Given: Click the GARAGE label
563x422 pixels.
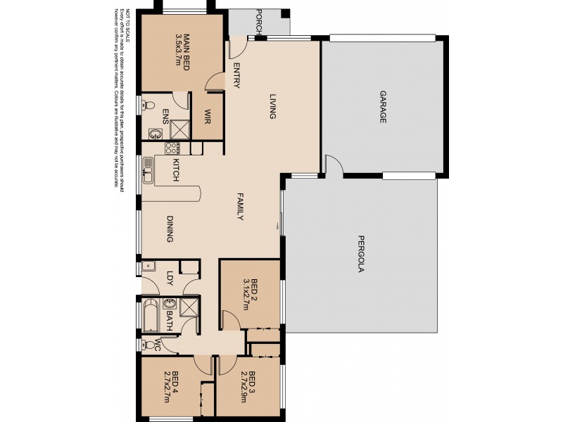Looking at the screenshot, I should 384,107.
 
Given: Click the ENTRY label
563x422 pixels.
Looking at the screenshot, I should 236,76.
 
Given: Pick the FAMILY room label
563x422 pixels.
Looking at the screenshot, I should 239,208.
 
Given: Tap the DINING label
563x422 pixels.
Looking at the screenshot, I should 170,229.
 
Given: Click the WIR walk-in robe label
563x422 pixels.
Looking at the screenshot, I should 208,115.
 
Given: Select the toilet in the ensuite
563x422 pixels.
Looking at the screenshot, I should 147,106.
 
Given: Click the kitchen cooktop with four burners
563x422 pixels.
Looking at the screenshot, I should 172,148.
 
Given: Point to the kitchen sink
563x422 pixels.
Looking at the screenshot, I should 148,171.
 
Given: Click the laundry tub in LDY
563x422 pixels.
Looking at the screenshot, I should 148,267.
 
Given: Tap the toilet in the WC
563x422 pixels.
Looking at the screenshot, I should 147,345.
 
